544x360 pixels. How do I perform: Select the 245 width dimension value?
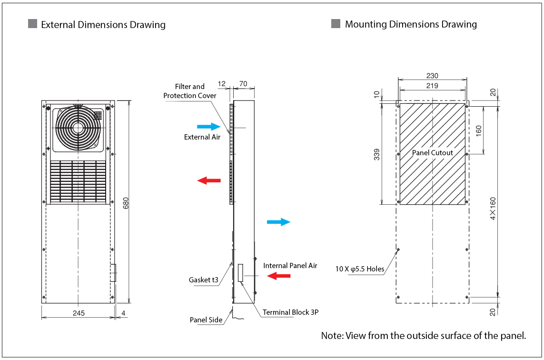[x=79, y=313]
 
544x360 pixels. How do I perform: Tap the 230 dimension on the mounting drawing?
[x=432, y=76]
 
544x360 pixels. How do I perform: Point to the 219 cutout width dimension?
[x=432, y=86]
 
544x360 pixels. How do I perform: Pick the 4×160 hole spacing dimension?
[x=493, y=208]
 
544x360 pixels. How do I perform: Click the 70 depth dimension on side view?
[x=243, y=84]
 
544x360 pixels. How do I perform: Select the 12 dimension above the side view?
[x=222, y=84]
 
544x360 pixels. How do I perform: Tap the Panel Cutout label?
[x=432, y=153]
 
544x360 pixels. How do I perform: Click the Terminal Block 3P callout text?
[x=290, y=312]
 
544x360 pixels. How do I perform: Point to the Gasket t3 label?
[x=204, y=280]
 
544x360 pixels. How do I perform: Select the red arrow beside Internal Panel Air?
[x=278, y=276]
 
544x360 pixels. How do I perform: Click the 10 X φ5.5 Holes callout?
[x=359, y=269]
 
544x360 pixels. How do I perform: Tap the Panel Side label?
[x=206, y=320]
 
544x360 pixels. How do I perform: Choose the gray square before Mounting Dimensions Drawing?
[x=336, y=23]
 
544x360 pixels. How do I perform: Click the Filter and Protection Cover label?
[x=190, y=91]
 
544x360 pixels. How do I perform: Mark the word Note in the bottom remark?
[x=331, y=336]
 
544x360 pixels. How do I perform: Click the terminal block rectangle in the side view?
[x=241, y=273]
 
